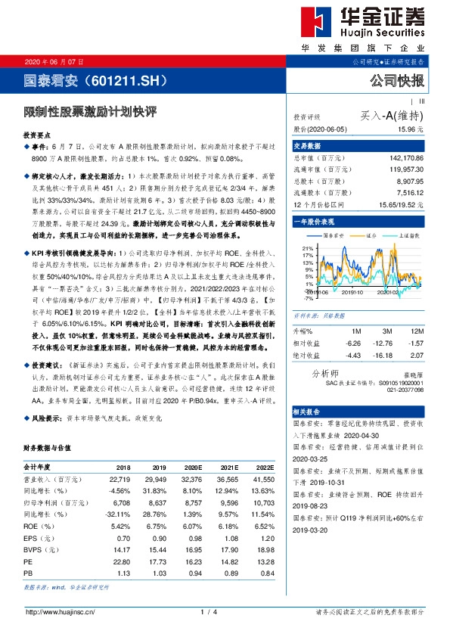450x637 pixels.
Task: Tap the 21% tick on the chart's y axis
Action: pos(307,247)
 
